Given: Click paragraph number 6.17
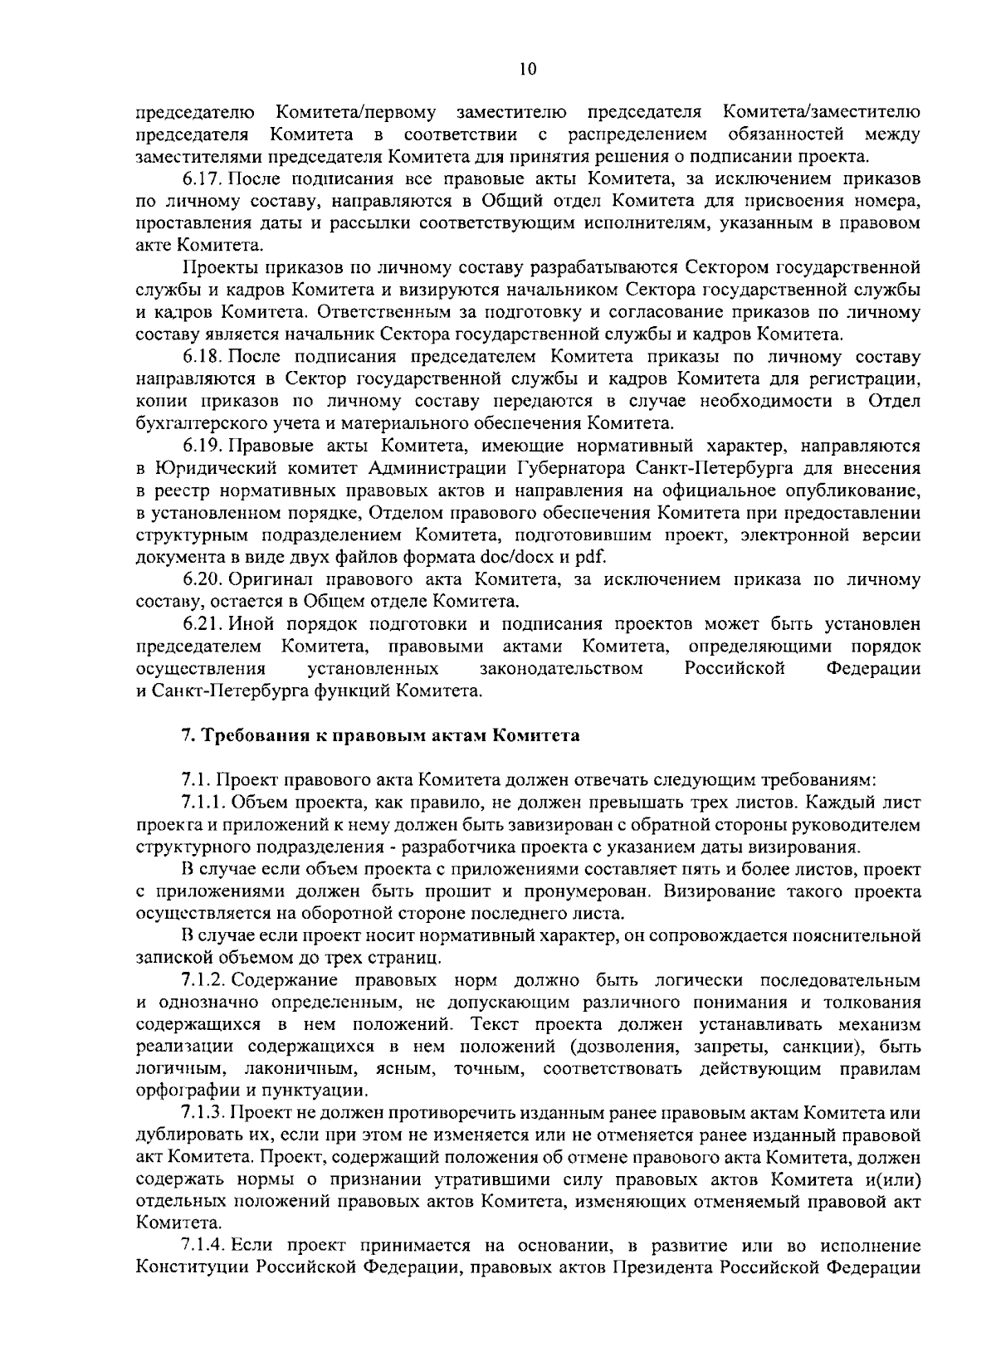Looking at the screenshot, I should coord(202,178).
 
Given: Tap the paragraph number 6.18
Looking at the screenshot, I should coord(202,357).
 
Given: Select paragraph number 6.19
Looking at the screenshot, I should coord(202,446).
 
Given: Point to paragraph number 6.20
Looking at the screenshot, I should coord(202,578).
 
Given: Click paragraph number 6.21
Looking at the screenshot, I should coord(202,623).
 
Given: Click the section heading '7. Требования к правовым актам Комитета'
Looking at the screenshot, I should coord(380,735).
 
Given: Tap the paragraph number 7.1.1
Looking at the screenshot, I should coord(204,803).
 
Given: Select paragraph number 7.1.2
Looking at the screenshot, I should coord(204,981).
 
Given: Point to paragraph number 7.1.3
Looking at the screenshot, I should coord(204,1114).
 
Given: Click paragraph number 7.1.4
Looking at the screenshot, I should coord(204,1247).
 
